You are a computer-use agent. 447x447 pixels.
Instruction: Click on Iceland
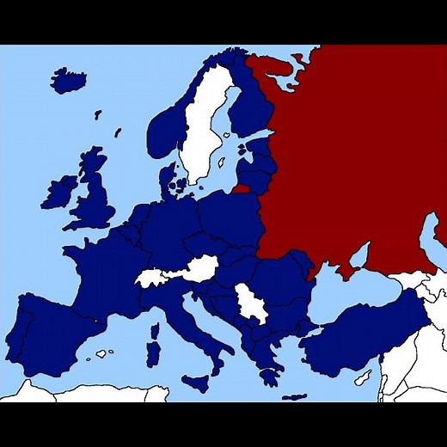tap(68, 81)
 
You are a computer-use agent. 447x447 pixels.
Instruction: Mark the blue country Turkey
tap(361, 335)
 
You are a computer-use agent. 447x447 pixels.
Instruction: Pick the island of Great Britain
tap(95, 198)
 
